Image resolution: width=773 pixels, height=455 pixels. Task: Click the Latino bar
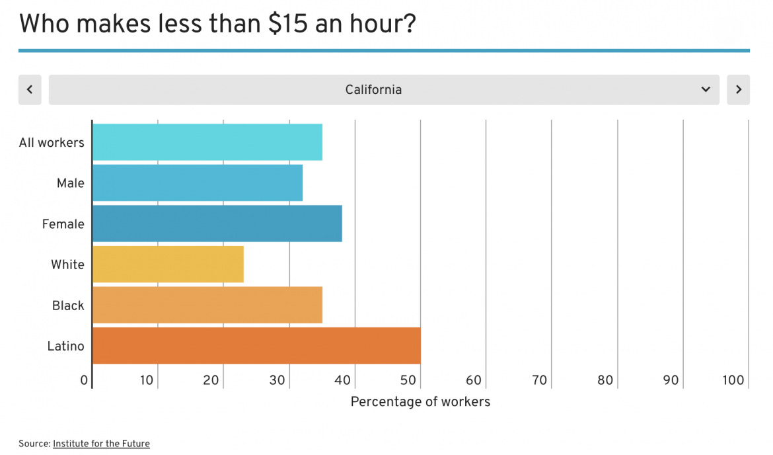tap(256, 345)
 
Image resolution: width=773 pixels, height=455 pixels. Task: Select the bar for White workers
tap(168, 264)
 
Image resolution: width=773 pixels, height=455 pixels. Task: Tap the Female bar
tap(217, 224)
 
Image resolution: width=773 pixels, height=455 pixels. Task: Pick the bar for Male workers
tap(197, 183)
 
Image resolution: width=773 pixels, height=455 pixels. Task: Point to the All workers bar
tap(207, 142)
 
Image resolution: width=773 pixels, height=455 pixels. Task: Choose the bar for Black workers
tap(207, 305)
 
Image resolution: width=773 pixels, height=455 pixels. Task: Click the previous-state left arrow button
tap(30, 90)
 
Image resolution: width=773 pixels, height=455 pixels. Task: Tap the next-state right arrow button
tap(738, 90)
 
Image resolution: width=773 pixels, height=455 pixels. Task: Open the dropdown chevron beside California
tap(706, 90)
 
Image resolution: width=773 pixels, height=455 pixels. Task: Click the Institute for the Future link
tap(101, 444)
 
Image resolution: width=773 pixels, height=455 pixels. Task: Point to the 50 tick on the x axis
tap(408, 380)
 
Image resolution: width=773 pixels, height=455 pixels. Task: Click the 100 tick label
tap(733, 380)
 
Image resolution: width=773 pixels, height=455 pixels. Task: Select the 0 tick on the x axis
tap(84, 380)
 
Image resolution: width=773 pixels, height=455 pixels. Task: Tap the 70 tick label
tap(540, 380)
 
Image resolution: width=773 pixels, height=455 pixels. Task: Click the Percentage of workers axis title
tap(420, 401)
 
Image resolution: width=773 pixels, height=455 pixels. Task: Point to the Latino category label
tap(65, 345)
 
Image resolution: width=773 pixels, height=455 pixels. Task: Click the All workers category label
tap(52, 142)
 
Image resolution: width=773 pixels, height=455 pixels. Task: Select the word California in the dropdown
tap(373, 90)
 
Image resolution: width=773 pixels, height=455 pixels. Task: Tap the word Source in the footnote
tap(34, 444)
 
